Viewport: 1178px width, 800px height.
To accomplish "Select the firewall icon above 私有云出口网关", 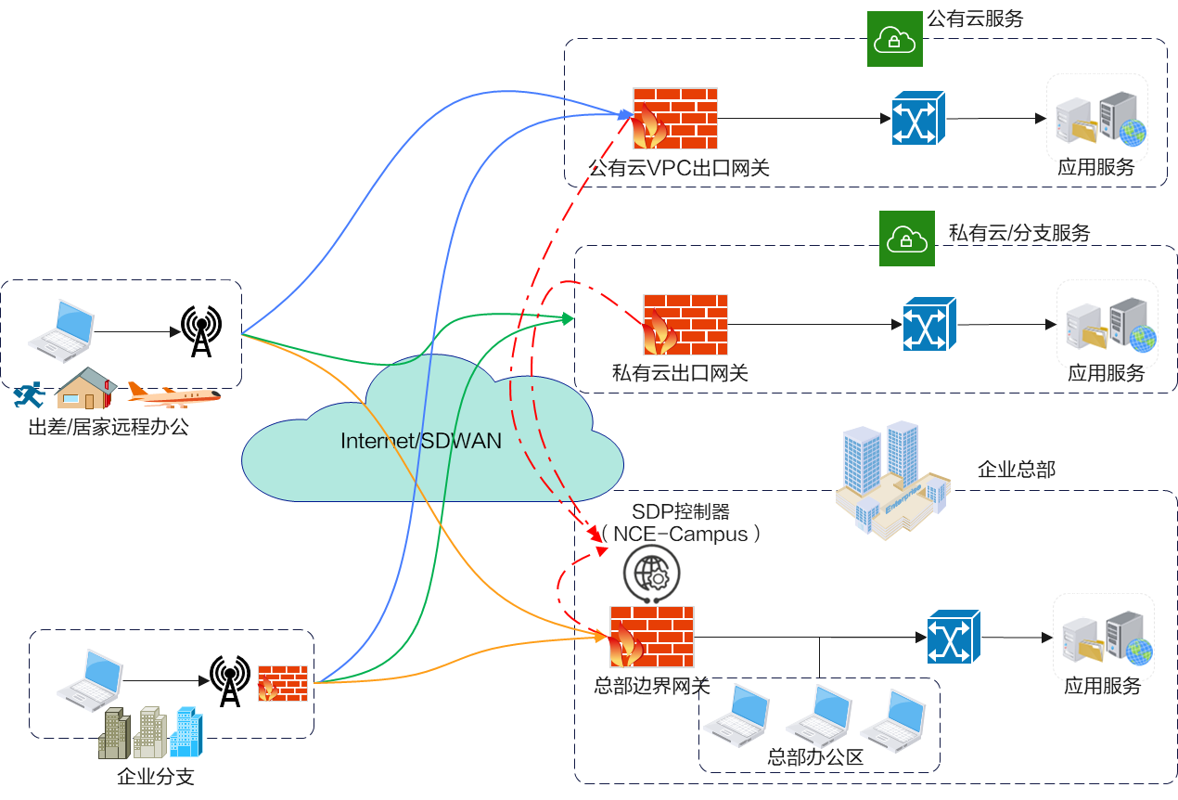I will (x=685, y=324).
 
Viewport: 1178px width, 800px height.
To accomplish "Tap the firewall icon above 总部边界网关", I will (x=652, y=636).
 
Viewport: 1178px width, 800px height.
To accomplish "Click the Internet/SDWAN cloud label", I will (x=421, y=441).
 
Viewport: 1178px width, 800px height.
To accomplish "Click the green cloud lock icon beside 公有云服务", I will (x=894, y=39).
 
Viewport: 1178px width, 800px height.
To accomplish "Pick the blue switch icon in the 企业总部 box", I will (x=954, y=637).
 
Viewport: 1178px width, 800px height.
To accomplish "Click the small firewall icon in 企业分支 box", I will (x=282, y=683).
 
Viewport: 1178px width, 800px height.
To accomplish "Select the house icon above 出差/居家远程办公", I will (x=83, y=388).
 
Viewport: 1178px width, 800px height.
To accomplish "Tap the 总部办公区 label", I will (x=816, y=757).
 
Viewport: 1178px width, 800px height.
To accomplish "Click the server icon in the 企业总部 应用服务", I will (x=1105, y=639).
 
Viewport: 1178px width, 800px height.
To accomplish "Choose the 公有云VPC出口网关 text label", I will (x=679, y=168).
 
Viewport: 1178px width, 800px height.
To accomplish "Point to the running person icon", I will (x=29, y=395).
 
